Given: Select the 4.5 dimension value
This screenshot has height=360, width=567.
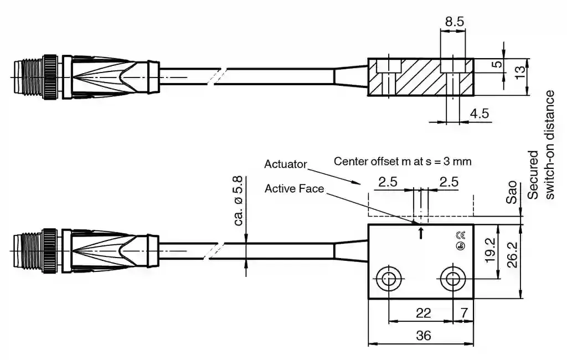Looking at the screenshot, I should pyautogui.click(x=479, y=114).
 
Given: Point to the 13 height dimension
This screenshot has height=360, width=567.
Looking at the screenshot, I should pyautogui.click(x=519, y=71).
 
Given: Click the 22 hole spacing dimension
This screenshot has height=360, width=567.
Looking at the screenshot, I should pyautogui.click(x=423, y=313).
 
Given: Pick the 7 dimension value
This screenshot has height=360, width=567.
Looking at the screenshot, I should pyautogui.click(x=463, y=313).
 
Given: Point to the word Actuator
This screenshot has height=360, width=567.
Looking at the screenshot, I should pyautogui.click(x=285, y=164).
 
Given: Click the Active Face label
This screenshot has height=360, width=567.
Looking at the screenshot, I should pyautogui.click(x=294, y=188).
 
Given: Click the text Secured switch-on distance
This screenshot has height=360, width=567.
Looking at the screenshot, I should pyautogui.click(x=541, y=145).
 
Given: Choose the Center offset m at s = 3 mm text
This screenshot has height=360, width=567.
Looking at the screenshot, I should pyautogui.click(x=403, y=162).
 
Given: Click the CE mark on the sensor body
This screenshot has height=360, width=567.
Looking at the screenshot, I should pyautogui.click(x=460, y=235).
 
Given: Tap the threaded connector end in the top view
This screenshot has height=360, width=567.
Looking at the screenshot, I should pyautogui.click(x=28, y=77).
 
